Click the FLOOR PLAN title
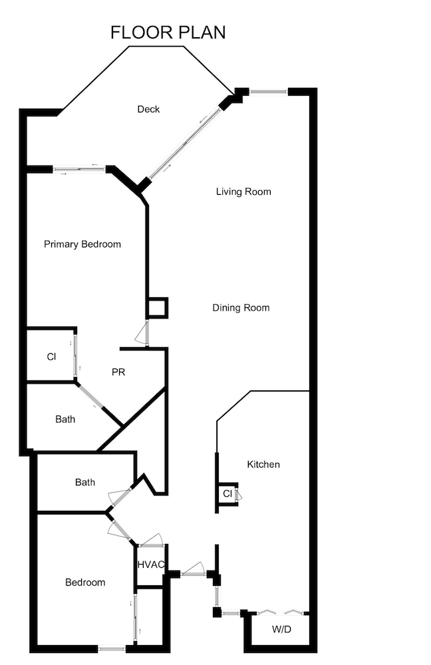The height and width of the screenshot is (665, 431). pos(168,32)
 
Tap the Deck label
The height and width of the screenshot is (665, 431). pos(148,109)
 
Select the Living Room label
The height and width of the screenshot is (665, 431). pos(243,192)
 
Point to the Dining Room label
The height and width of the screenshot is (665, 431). pos(241,307)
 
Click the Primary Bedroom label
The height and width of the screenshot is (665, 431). pos(82,244)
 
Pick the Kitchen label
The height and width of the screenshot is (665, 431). pos(263,464)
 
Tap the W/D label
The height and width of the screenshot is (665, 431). pos(281,629)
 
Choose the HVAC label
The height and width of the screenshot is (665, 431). pos(151,565)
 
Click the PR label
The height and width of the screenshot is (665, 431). pos(118,372)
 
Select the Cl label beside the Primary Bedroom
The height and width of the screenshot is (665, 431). pos(51,357)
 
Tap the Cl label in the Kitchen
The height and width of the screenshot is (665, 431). pos(227,493)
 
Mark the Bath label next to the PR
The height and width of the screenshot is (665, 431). pos(65,419)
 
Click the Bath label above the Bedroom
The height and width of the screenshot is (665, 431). pos(85,482)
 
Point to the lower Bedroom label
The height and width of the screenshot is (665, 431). pos(85,583)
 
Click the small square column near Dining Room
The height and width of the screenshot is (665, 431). pos(157,308)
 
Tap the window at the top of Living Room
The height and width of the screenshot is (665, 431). pos(268,91)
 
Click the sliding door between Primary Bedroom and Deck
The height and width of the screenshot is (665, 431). pos(79,169)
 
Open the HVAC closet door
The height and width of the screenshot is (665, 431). pos(150,539)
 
